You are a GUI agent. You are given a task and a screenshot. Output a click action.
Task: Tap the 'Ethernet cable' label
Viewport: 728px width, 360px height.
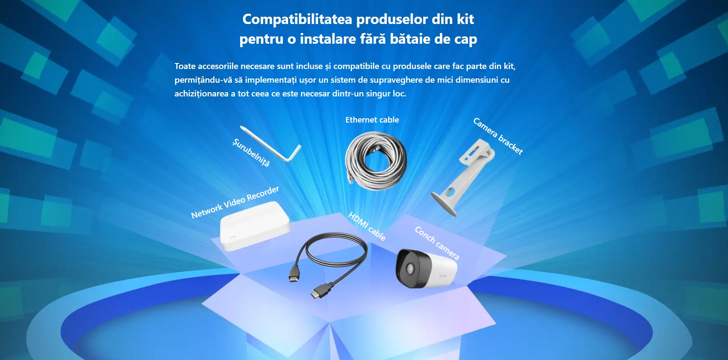(372, 120)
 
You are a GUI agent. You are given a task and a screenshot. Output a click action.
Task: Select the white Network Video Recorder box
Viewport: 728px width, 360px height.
(255, 226)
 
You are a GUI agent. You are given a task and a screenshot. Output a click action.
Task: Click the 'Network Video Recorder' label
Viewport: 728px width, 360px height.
(235, 202)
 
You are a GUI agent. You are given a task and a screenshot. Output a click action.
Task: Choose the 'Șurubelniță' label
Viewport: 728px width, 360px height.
(251, 153)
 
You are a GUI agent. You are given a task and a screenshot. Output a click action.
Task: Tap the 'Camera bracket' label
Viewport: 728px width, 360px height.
(498, 136)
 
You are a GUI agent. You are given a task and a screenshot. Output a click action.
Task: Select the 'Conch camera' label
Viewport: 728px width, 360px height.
(437, 243)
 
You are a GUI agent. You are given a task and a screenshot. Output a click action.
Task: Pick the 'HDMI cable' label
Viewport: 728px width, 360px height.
(367, 226)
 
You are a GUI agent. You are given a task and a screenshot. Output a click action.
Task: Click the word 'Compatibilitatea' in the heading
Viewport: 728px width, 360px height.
(297, 19)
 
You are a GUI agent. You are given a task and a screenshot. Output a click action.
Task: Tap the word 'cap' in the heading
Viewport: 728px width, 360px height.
(465, 39)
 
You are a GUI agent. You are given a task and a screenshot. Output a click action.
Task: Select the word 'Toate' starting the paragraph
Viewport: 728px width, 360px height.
(185, 66)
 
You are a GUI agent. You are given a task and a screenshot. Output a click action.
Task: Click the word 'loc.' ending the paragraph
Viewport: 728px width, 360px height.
(399, 93)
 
